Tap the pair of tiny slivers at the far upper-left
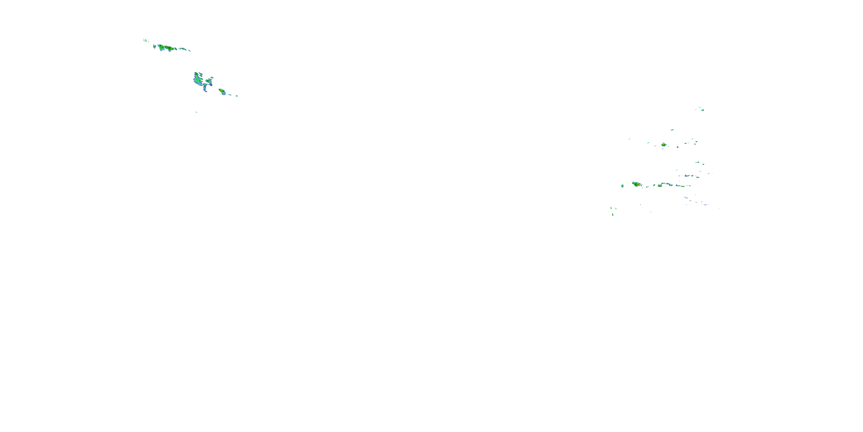145,40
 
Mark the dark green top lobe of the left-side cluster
196,74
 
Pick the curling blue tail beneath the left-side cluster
205,89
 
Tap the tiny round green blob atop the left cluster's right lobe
212,77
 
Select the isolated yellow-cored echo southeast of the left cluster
221,90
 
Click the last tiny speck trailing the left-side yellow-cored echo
237,96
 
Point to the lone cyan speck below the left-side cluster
196,112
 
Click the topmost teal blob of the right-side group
703,110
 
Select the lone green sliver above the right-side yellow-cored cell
672,130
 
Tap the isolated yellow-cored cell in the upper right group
664,145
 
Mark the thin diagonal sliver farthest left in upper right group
629,139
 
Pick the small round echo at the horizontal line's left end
623,185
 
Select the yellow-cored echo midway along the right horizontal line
660,185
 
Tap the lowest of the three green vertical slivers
613,215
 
